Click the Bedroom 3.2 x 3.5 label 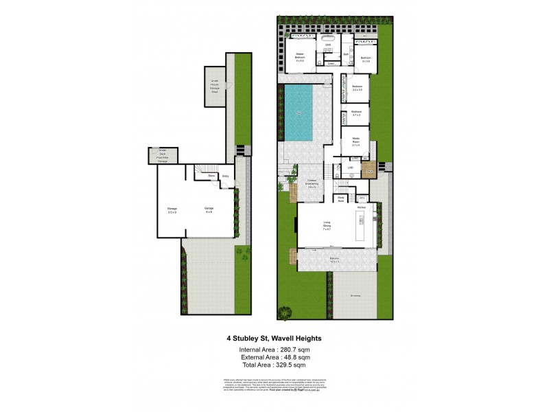[357, 88]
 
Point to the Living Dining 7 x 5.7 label [328, 225]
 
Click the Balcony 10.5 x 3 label [333, 260]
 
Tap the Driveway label [355, 296]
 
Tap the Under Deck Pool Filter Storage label [163, 157]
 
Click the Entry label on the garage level [225, 176]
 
